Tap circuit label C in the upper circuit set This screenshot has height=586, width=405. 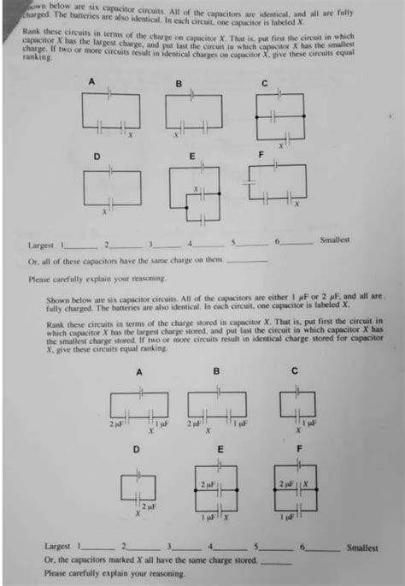pos(266,82)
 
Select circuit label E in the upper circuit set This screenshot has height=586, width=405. pos(191,155)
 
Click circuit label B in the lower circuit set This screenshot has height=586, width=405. pos(216,370)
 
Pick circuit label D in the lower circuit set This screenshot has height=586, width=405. pos(136,448)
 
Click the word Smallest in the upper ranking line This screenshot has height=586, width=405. pos(335,240)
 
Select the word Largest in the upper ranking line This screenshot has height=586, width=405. pos(42,246)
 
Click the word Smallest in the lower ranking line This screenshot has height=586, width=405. pos(361,548)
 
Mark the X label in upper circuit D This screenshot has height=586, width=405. pos(105,210)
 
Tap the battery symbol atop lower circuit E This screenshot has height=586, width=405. pos(220,465)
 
